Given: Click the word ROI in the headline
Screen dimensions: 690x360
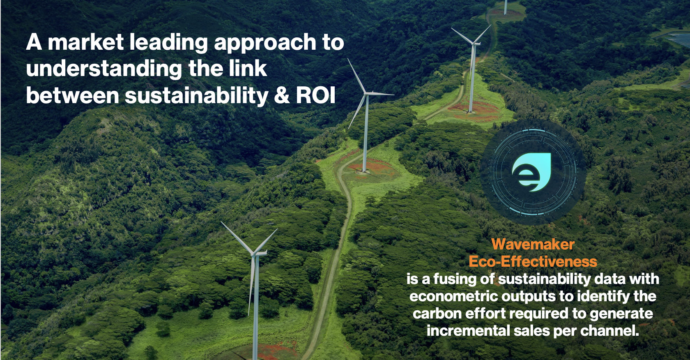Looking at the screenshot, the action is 316,96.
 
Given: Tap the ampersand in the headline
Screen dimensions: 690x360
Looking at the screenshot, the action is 282,96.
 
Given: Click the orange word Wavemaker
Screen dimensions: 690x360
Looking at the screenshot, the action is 533,245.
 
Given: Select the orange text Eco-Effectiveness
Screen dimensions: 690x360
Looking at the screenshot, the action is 533,262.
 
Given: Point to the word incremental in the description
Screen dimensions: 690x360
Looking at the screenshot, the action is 468,331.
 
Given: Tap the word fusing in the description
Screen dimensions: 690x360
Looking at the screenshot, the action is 453,279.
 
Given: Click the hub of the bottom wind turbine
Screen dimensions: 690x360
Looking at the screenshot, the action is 255,254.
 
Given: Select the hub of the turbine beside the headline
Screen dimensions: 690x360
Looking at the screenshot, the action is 366,93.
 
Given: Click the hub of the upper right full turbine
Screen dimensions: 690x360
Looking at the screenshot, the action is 474,44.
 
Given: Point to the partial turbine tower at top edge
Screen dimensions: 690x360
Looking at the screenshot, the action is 505,7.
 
